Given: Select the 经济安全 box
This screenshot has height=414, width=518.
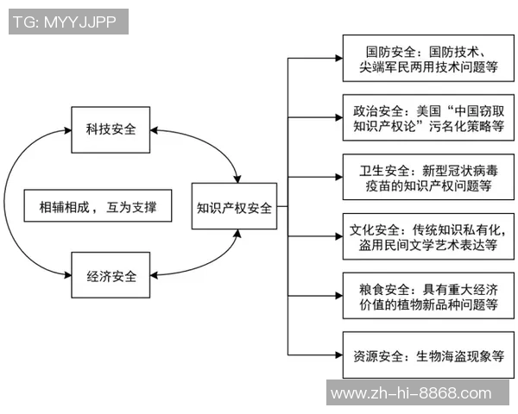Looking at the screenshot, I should click(x=111, y=277).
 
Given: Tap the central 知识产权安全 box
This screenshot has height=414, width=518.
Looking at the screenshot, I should click(x=234, y=207).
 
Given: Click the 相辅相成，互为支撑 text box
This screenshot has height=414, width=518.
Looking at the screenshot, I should click(x=98, y=207).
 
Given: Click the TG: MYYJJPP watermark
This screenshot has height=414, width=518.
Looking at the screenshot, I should click(x=66, y=22).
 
